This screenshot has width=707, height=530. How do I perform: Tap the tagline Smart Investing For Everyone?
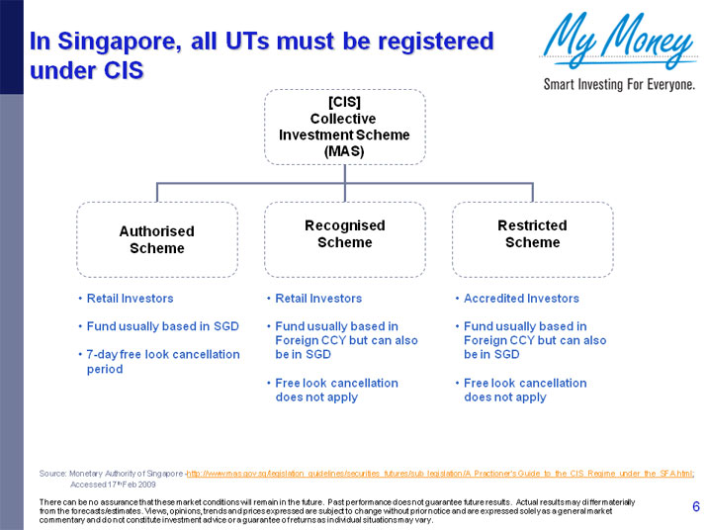tap(619, 85)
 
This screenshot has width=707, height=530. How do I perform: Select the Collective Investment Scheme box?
tap(344, 126)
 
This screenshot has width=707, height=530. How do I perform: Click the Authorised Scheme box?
tap(157, 239)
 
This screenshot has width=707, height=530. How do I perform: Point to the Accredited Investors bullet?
tap(521, 299)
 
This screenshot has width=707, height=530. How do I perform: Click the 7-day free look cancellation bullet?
tap(163, 361)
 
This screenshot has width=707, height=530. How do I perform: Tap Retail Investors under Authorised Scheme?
tap(130, 299)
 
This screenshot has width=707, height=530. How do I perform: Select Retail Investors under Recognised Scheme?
tap(318, 299)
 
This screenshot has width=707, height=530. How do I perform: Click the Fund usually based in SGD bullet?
tap(163, 326)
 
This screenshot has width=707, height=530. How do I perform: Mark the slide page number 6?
tap(696, 508)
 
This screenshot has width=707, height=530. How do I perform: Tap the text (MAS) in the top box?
tap(344, 151)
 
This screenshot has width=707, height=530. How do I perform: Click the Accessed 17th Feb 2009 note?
tap(113, 486)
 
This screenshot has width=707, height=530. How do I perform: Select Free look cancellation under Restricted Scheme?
tap(525, 390)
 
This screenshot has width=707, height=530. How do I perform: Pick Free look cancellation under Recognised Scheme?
tap(336, 390)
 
